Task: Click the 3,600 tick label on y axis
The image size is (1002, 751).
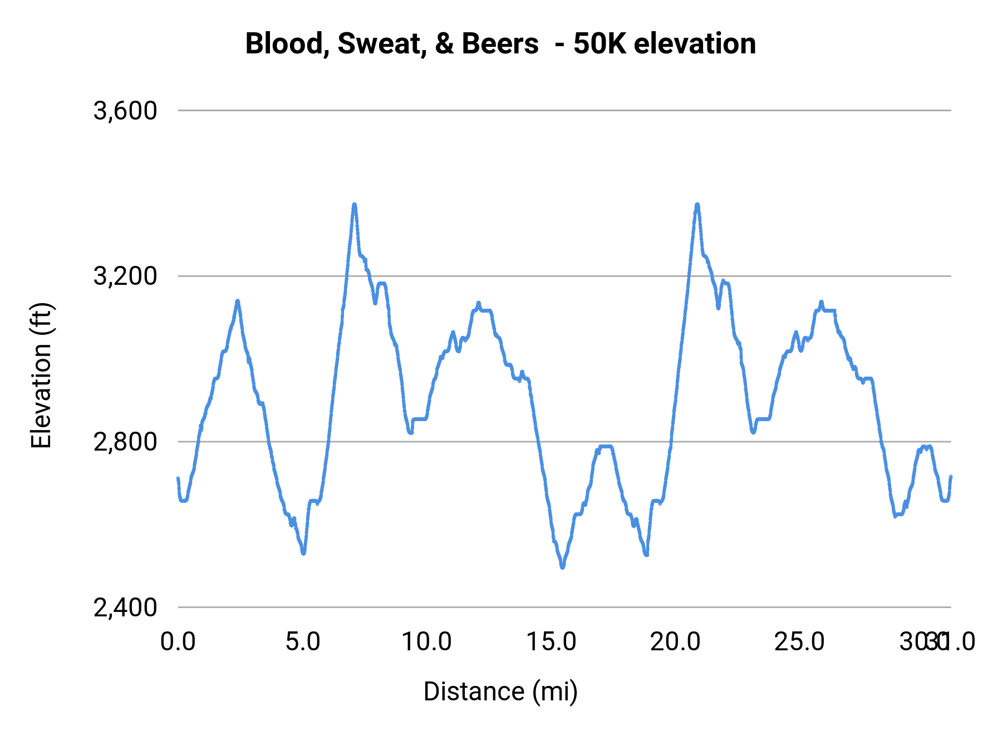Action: tap(125, 111)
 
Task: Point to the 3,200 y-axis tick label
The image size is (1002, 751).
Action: tap(125, 276)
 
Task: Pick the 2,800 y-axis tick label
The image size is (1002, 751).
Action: tap(125, 442)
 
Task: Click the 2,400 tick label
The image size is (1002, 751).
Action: tap(125, 607)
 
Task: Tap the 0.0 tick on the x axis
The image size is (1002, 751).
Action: tap(178, 642)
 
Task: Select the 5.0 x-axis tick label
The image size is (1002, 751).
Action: tap(303, 642)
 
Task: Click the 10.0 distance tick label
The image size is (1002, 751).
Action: tap(426, 642)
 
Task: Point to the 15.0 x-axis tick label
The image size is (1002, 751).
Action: tap(551, 642)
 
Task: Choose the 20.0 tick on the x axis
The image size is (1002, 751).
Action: tap(675, 642)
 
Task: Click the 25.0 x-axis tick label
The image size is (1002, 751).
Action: tap(799, 642)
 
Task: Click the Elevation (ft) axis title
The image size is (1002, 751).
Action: tap(41, 375)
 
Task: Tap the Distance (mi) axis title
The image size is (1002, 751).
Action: tap(500, 691)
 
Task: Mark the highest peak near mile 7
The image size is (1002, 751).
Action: tap(354, 205)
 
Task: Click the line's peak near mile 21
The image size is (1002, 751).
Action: tap(697, 205)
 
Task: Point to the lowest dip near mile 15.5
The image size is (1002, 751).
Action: tap(562, 567)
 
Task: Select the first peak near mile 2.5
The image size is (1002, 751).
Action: tap(238, 301)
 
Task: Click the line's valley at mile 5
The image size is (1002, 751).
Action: tap(303, 553)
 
